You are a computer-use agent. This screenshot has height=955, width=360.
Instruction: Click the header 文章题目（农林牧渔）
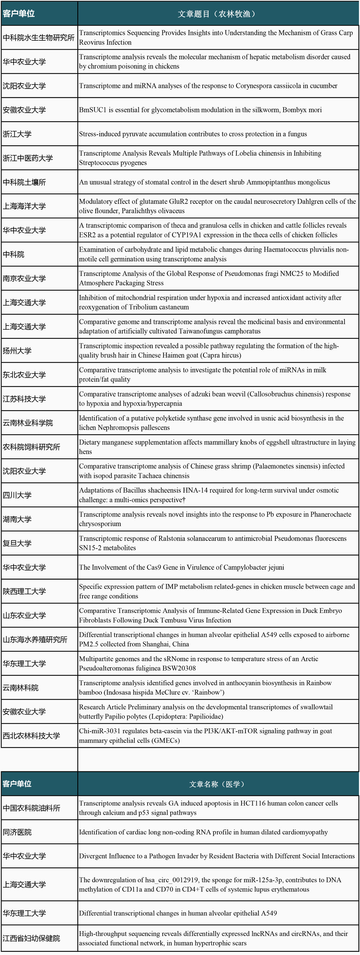[217, 14]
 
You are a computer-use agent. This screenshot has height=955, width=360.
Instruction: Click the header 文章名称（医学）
[217, 784]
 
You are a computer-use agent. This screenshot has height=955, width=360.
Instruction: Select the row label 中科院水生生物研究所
[39, 38]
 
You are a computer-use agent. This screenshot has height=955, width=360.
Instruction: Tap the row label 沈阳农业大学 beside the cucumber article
[24, 86]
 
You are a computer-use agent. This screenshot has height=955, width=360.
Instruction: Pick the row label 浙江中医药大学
[28, 158]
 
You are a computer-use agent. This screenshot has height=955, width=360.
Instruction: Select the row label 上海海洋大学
[24, 206]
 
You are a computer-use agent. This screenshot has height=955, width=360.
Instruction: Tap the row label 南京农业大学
[24, 278]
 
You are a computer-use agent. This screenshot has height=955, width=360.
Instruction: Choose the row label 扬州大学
[17, 351]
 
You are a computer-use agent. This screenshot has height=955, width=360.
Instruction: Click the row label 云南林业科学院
[28, 423]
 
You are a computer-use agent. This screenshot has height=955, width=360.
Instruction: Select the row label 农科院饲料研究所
[32, 447]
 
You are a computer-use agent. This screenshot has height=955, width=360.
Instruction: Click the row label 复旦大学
[17, 543]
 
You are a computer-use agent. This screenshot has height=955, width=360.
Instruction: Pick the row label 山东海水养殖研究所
[35, 640]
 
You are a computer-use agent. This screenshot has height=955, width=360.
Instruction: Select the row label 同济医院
[17, 832]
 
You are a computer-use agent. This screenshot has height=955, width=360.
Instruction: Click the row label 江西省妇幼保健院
[32, 938]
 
